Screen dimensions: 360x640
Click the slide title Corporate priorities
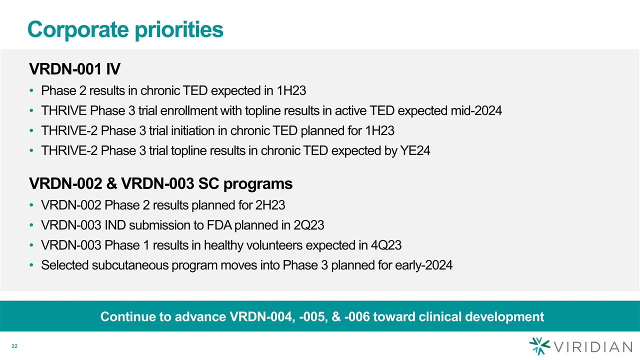click(125, 29)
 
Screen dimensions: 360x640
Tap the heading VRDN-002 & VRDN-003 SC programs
click(161, 183)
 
